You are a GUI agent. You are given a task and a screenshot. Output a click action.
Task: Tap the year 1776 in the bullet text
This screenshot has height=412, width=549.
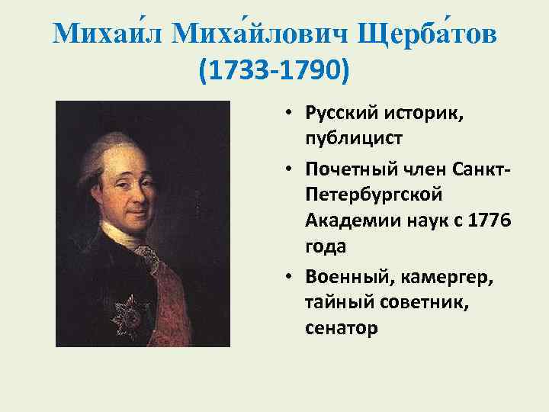(x=487, y=221)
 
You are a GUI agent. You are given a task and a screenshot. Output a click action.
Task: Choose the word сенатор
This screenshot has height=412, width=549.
(x=341, y=329)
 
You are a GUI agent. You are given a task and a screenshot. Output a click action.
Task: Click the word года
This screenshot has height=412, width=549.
(x=325, y=248)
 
